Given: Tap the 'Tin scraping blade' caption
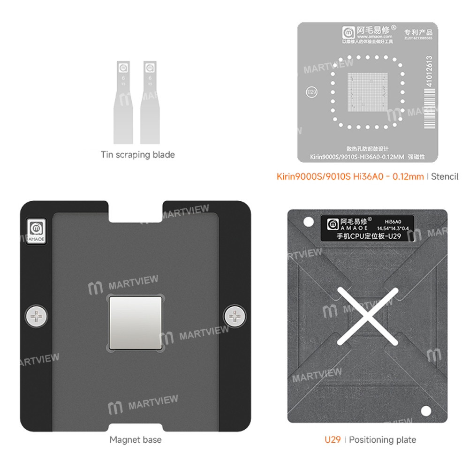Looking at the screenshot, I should pos(137,155).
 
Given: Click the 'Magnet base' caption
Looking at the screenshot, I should pos(135,439).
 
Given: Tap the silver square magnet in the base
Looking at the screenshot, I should pos(136,322).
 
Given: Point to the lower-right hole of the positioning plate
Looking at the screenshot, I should pos(426,411).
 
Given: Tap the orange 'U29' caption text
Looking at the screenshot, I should pos(333,439).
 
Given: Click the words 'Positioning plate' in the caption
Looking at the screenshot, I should pos(382,439).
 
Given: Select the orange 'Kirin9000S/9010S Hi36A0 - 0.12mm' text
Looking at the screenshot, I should pos(349,177).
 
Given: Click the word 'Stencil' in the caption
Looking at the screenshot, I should pos(445,177).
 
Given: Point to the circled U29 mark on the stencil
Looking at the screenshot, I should pos(310,91).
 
